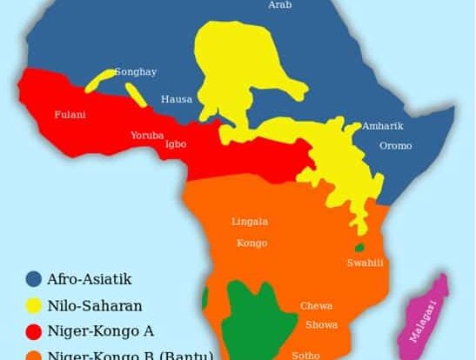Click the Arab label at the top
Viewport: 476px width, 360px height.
click(x=279, y=5)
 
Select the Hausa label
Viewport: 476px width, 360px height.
click(x=177, y=99)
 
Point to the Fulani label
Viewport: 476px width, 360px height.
click(x=70, y=114)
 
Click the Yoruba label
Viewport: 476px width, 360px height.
click(x=146, y=136)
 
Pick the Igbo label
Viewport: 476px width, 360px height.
click(x=175, y=144)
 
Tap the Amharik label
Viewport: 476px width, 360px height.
click(x=383, y=125)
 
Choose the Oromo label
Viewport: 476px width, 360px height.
click(x=395, y=145)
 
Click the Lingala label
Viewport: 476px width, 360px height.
click(x=250, y=222)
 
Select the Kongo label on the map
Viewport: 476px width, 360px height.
click(x=251, y=243)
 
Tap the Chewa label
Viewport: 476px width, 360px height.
click(x=317, y=306)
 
